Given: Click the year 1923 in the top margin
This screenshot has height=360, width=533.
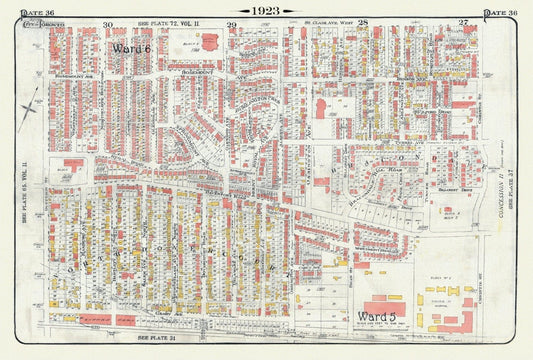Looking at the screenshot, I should tap(266, 10).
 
